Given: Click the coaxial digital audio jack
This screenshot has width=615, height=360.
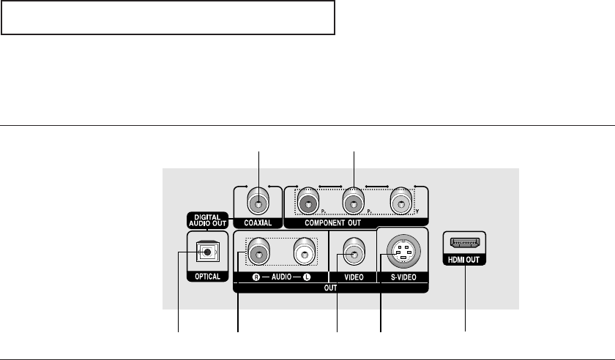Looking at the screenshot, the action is pyautogui.click(x=258, y=199).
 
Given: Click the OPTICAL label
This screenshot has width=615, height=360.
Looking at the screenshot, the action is pyautogui.click(x=208, y=278).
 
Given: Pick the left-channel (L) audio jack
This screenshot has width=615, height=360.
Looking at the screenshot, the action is pyautogui.click(x=305, y=254).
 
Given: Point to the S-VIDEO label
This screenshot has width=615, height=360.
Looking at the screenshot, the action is pyautogui.click(x=402, y=278).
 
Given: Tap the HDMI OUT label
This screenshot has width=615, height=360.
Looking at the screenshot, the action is pyautogui.click(x=465, y=260).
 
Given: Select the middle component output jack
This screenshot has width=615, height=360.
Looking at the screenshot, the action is pyautogui.click(x=354, y=199).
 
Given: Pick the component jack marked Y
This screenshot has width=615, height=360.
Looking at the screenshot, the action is pyautogui.click(x=401, y=199).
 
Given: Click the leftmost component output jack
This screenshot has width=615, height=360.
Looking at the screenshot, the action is pyautogui.click(x=308, y=199).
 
